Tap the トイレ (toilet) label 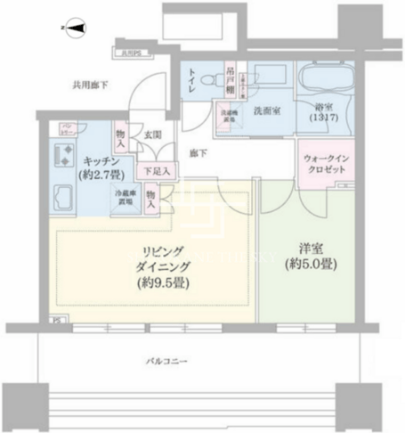[191, 86]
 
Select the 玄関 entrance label [152, 135]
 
